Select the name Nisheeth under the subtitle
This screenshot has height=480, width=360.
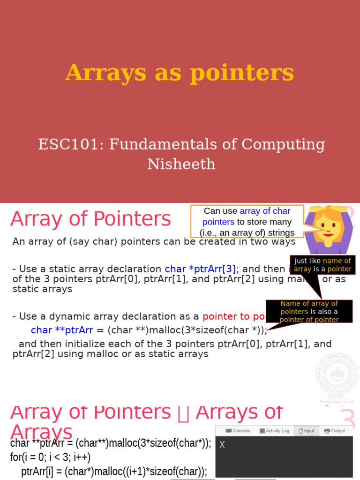(181, 164)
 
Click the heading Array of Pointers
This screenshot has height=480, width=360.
(90, 219)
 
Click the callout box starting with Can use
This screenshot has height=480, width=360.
(247, 222)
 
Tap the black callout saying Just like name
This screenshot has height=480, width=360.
(322, 265)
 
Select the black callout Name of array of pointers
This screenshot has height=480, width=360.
(309, 312)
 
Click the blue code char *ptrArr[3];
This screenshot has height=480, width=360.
(202, 269)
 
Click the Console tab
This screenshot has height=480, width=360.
(238, 431)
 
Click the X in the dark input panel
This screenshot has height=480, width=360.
(222, 445)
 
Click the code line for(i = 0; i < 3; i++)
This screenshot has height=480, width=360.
(50, 457)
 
